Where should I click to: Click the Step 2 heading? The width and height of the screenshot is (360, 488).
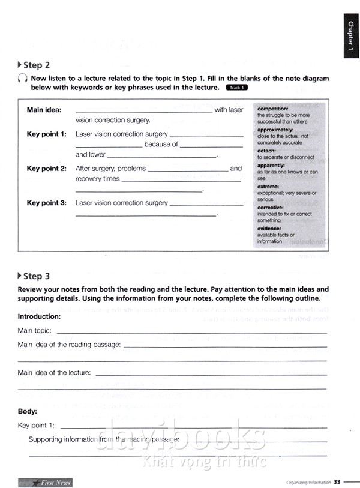36,65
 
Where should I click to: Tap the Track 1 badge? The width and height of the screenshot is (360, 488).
236,88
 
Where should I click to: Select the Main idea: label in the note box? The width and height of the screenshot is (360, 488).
44,110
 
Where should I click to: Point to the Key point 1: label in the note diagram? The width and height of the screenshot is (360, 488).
46,134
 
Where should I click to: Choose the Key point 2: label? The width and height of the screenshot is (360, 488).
46,169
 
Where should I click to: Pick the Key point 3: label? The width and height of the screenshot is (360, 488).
46,203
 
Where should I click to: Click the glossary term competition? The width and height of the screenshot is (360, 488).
273,109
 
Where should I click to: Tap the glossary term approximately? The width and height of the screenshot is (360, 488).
275,130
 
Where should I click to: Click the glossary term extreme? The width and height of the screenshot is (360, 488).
269,187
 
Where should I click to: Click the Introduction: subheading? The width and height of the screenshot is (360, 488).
39,316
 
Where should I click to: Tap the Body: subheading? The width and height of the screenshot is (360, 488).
28,411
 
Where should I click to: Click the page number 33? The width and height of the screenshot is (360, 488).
337,482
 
